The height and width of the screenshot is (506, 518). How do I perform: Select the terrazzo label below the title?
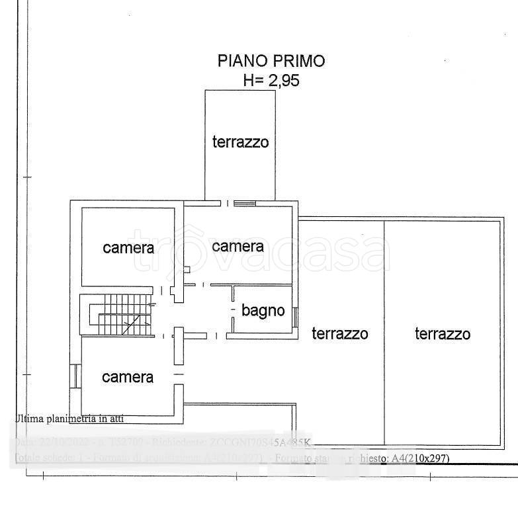(240, 142)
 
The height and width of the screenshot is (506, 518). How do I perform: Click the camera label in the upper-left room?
(128, 248)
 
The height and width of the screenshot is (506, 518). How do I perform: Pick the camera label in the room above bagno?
(237, 246)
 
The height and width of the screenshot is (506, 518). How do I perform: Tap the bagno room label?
(263, 310)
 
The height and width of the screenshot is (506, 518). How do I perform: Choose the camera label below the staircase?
(128, 377)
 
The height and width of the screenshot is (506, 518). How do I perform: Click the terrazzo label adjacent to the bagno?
(340, 333)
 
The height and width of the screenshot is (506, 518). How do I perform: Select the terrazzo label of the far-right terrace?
(443, 333)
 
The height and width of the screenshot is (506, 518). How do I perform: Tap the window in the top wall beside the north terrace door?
(245, 203)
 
